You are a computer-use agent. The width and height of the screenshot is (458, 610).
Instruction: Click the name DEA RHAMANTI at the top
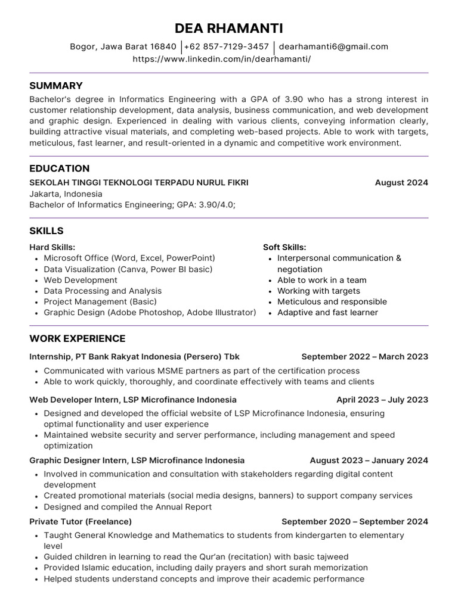click(229, 28)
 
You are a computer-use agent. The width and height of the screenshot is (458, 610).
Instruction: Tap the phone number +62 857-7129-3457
click(226, 46)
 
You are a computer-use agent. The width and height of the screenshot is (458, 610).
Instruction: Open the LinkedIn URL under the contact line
click(221, 59)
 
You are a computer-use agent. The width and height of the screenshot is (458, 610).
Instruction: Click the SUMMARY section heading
click(56, 85)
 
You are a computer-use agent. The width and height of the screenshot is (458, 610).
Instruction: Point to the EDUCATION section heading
click(60, 168)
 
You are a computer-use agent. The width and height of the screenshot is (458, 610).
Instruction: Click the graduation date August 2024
click(401, 183)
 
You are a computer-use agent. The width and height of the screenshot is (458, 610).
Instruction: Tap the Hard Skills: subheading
click(52, 247)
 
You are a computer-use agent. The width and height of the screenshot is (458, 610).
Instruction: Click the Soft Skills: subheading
click(284, 247)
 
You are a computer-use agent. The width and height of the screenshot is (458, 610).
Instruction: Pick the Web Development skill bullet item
click(81, 280)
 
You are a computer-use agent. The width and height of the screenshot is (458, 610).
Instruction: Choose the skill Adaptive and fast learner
click(327, 313)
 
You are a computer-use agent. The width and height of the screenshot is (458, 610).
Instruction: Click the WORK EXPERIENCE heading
click(78, 338)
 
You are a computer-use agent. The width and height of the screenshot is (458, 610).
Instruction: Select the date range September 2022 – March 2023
click(364, 357)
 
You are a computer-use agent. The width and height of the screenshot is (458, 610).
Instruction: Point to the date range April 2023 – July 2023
click(382, 400)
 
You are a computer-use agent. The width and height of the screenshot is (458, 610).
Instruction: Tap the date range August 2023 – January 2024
click(369, 460)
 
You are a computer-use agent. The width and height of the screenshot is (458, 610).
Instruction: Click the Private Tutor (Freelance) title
click(81, 521)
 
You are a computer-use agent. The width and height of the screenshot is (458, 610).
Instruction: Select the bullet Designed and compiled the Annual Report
click(128, 507)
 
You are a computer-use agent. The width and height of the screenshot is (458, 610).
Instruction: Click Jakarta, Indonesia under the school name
click(66, 194)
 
